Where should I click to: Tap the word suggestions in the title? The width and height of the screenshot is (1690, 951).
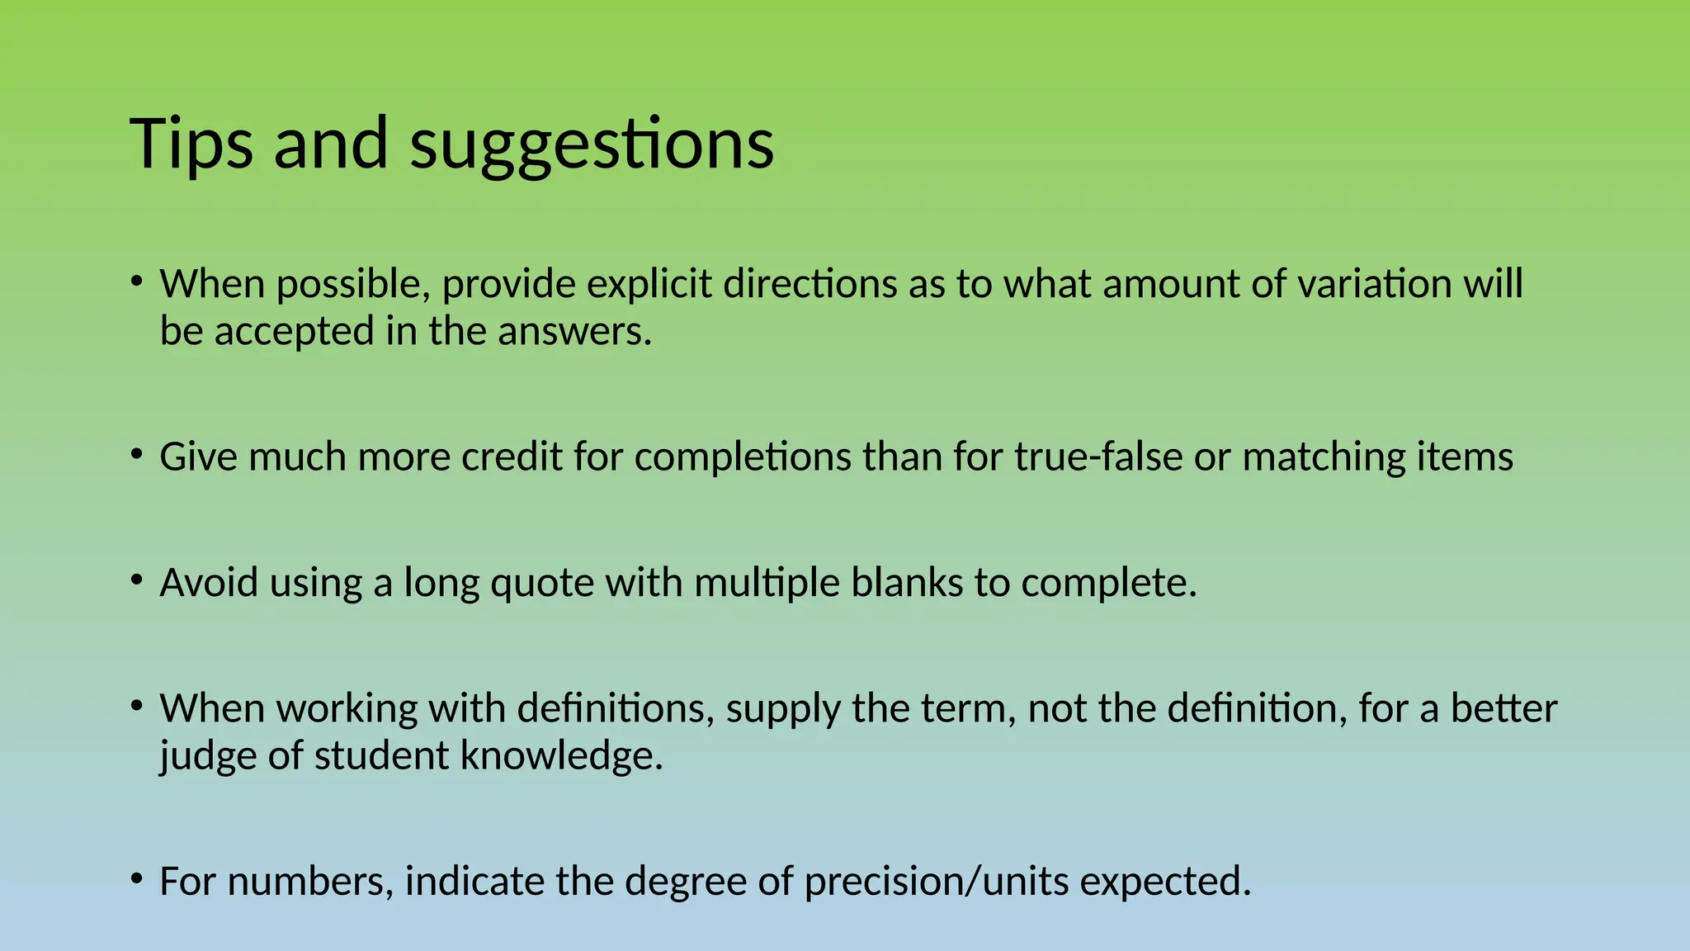click(592, 145)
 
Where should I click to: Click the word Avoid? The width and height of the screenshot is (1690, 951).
click(209, 583)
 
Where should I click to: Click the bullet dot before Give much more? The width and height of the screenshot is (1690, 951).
click(137, 455)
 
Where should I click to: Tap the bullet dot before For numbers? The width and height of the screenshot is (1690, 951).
click(137, 879)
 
